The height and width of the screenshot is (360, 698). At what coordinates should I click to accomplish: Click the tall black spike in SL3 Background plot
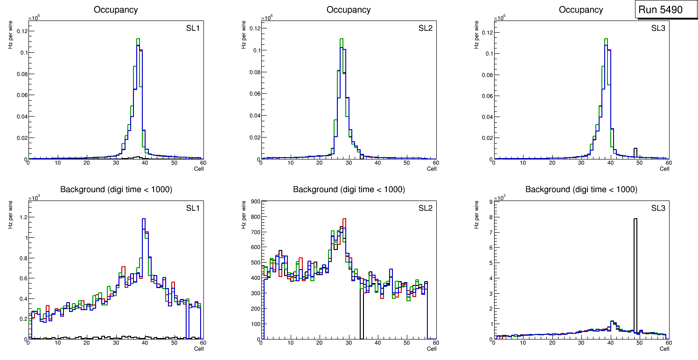click(635, 280)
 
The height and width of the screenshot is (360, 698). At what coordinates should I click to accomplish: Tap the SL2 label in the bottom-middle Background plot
click(425, 208)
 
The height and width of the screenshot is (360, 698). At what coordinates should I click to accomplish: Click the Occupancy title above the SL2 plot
click(349, 10)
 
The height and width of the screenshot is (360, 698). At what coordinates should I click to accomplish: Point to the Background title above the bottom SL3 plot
click(581, 189)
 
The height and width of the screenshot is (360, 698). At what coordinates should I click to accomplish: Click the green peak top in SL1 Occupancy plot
click(138, 39)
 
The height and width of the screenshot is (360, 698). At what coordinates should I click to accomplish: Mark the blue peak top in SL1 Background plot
click(144, 219)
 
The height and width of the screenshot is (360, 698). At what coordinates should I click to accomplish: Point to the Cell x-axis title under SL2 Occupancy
click(432, 169)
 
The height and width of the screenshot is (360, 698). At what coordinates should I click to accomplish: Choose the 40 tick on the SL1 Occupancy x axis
click(145, 163)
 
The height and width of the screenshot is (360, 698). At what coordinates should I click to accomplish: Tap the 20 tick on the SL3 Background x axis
click(552, 343)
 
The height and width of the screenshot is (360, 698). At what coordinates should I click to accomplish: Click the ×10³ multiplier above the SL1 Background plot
click(35, 198)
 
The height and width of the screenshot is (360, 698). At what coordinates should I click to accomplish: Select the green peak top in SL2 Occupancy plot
click(342, 39)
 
